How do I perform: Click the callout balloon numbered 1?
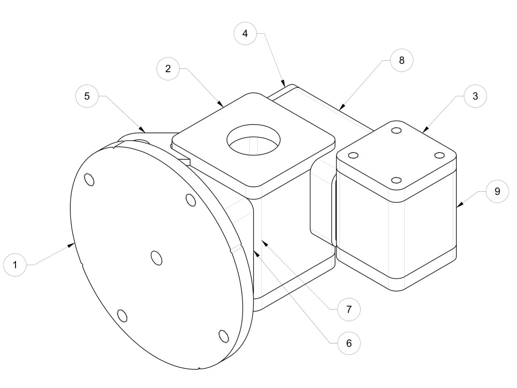(15, 265)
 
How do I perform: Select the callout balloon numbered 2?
(168, 68)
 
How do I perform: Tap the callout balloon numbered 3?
(475, 96)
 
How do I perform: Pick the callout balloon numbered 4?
(245, 33)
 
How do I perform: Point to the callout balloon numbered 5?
(87, 96)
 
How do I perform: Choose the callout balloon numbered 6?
(349, 343)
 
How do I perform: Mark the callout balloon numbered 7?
(349, 309)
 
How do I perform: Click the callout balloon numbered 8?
(401, 60)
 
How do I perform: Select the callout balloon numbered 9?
(497, 191)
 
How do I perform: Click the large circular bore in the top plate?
(253, 139)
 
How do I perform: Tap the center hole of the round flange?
(157, 258)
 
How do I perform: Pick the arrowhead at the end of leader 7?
(264, 243)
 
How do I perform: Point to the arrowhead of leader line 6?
(256, 253)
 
